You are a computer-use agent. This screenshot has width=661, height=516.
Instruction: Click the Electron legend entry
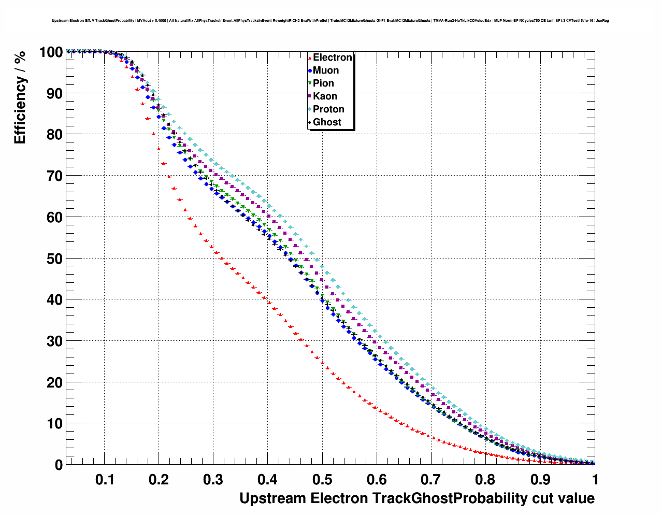coord(332,58)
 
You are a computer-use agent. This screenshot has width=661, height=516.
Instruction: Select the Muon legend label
coord(326,70)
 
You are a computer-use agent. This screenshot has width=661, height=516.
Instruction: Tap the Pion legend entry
coord(323,83)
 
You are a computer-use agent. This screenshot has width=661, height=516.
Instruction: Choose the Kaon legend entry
coord(325,96)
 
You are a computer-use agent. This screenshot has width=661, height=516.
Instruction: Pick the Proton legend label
coord(328,109)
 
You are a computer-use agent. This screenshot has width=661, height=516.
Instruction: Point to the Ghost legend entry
coord(327,122)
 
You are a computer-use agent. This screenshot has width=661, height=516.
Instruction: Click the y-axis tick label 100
coord(50,52)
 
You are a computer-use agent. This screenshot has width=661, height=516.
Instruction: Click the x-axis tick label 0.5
coord(322,480)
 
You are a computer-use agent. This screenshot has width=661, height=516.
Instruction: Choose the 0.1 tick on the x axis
coord(105,480)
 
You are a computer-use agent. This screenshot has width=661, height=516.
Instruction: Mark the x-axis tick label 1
coord(595,480)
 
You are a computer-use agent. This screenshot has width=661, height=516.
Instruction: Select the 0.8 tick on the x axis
coord(485,480)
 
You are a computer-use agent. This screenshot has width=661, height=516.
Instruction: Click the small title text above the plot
coord(330,21)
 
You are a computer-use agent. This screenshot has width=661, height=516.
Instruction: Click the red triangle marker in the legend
coord(310,58)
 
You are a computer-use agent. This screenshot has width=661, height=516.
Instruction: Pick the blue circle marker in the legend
coord(310,71)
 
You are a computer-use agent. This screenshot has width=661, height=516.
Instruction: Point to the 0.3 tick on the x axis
coord(213,480)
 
